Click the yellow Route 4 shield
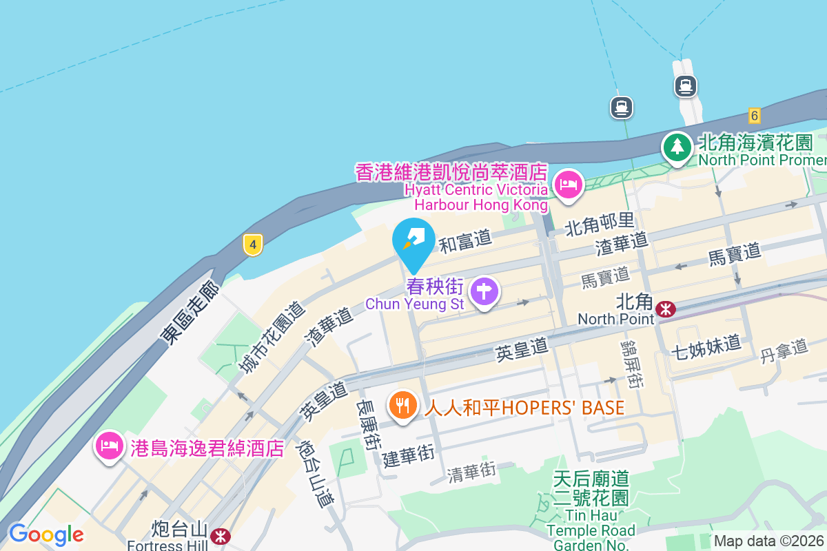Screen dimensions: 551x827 pyautogui.click(x=253, y=244)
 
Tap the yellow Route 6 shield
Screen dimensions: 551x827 pyautogui.click(x=755, y=116)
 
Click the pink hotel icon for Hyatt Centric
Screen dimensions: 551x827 pyautogui.click(x=569, y=185)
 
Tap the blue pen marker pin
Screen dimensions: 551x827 pyautogui.click(x=413, y=240)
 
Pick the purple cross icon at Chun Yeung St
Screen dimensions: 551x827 pyautogui.click(x=484, y=292)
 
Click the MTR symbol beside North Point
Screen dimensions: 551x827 pyautogui.click(x=666, y=309)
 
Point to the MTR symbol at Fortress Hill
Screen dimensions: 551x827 pyautogui.click(x=221, y=535)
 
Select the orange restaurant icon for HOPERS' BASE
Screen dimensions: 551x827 pyautogui.click(x=402, y=404)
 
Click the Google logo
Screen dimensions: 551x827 pyautogui.click(x=46, y=534)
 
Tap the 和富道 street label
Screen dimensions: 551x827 pyautogui.click(x=466, y=241)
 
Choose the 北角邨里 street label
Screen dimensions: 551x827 pyautogui.click(x=599, y=222)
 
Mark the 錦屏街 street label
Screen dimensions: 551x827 pyautogui.click(x=631, y=363)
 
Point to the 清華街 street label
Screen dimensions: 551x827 pyautogui.click(x=471, y=472)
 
